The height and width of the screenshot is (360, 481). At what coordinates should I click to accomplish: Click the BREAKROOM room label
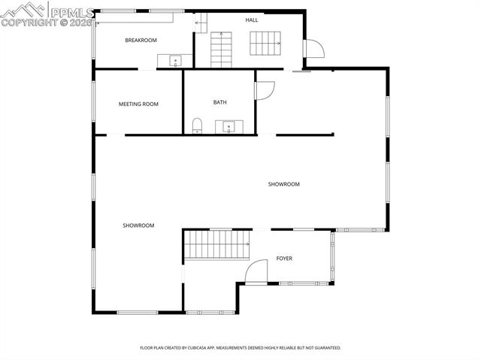click(141, 40)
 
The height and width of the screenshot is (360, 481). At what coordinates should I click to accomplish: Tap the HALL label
click(252, 20)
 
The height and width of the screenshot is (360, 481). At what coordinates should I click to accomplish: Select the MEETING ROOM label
click(138, 104)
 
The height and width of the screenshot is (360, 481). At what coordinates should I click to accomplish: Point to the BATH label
click(219, 102)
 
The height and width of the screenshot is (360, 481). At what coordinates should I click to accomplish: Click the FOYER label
click(284, 259)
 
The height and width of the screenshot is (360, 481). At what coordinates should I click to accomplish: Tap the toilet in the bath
click(197, 125)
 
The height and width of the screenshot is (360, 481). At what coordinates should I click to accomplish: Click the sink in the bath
click(228, 126)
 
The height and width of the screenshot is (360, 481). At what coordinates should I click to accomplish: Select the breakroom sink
click(175, 61)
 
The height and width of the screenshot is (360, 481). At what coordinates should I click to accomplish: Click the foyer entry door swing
click(258, 271)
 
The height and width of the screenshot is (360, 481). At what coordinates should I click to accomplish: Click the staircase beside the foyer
click(217, 244)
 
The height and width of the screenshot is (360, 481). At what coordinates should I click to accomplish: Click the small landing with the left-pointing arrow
click(201, 23)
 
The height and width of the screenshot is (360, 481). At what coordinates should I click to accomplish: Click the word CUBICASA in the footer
click(211, 348)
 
